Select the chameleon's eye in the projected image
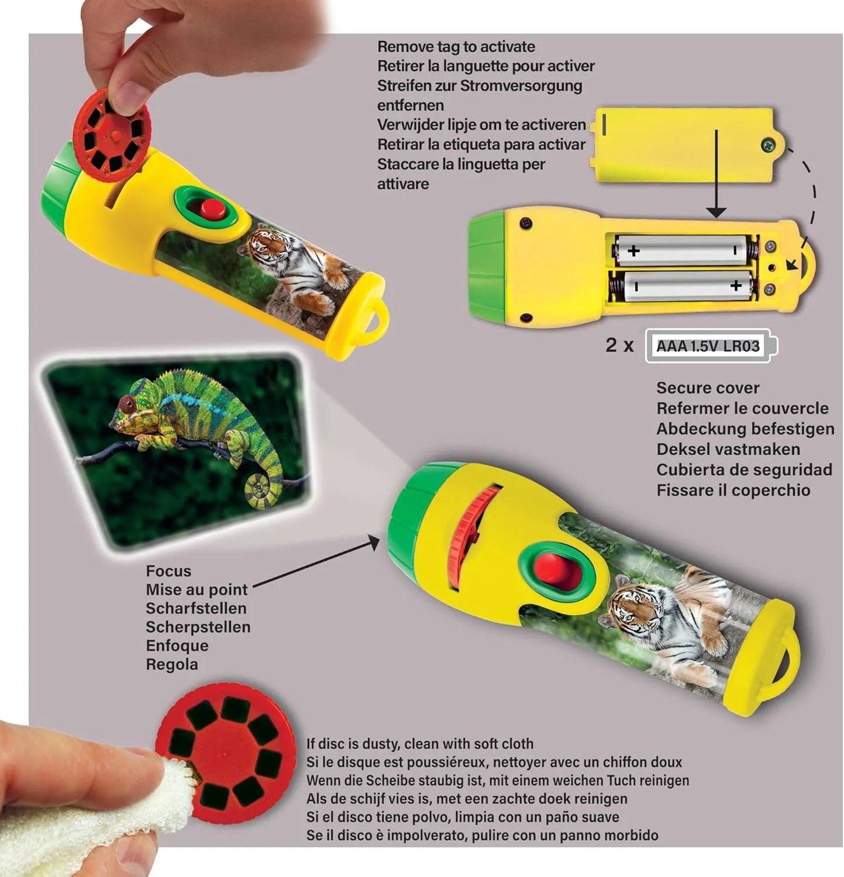coord(126,403)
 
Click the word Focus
coord(168,571)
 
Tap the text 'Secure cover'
coord(708,388)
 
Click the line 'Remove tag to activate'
coord(456,47)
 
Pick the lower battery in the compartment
coord(682,286)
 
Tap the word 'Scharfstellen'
coord(196,608)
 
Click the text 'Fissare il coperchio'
coord(733,490)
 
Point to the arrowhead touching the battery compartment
coord(716,212)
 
